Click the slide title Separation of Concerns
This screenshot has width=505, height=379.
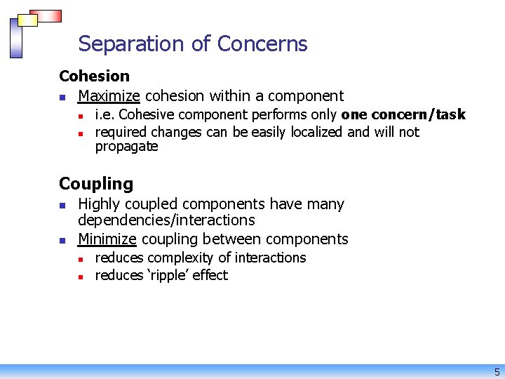[193, 44]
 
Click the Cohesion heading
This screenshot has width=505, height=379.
[94, 76]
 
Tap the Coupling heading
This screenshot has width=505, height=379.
[96, 184]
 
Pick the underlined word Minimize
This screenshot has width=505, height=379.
[107, 239]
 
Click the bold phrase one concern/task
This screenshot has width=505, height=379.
[403, 114]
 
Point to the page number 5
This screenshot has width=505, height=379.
[497, 372]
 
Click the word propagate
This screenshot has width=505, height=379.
[126, 147]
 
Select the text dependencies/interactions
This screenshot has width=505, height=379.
[166, 220]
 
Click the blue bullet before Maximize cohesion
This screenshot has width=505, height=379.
[62, 97]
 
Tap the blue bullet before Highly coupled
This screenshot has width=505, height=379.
[62, 205]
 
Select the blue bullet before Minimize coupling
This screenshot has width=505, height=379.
[62, 240]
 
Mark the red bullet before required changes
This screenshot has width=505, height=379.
[81, 133]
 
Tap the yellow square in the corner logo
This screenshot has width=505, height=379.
[27, 20]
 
